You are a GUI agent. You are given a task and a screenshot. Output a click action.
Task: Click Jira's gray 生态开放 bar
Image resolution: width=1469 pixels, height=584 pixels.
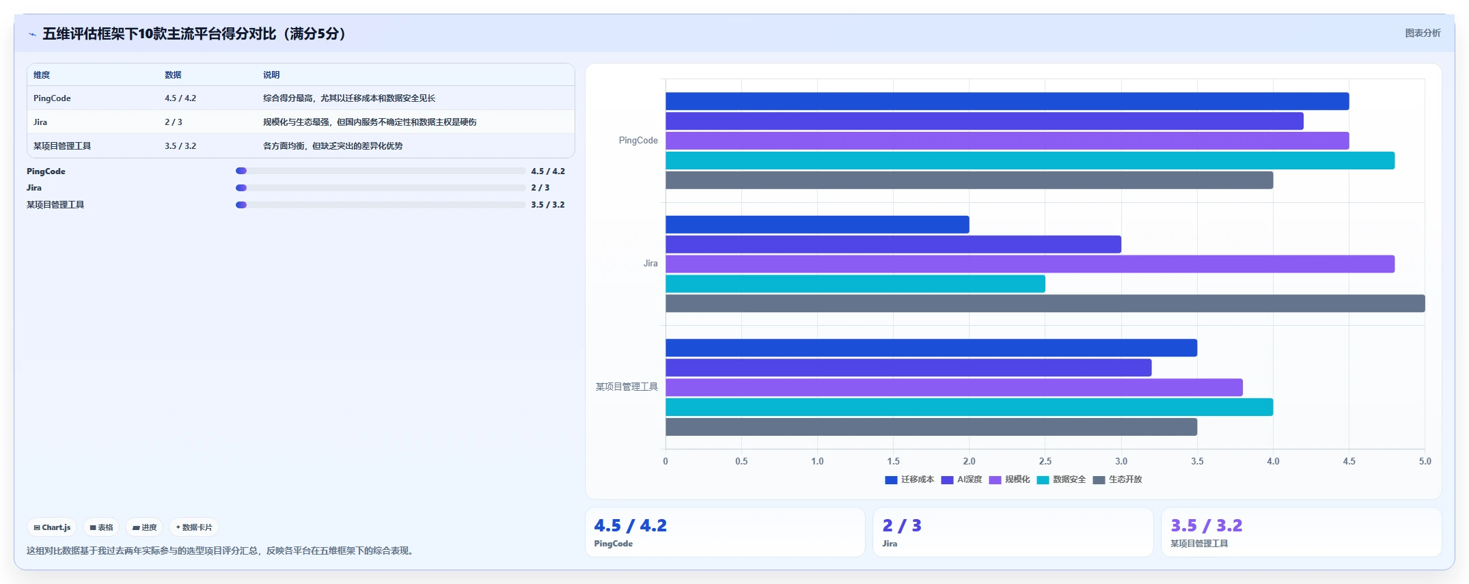point(1045,303)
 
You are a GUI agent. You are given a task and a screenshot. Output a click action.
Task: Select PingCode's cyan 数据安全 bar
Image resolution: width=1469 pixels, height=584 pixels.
point(1030,161)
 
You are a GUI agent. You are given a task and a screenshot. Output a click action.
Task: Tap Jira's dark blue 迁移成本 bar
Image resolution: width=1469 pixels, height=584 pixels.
point(817,225)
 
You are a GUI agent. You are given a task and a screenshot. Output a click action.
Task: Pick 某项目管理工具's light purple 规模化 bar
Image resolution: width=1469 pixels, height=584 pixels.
point(954,387)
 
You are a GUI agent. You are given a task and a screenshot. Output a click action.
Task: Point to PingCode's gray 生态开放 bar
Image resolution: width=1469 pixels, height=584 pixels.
point(969,180)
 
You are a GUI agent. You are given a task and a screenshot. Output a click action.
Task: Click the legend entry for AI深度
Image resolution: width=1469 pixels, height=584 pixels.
point(961,479)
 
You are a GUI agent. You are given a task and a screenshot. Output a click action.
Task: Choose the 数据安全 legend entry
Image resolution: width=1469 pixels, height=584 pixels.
point(1061,479)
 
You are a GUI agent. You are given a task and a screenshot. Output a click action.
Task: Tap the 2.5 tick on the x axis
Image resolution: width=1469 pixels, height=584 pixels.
point(1045,461)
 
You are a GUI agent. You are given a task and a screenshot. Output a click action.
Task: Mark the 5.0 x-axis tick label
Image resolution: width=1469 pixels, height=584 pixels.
point(1425,461)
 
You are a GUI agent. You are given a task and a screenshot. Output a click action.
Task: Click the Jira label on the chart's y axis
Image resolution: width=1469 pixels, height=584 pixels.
point(650,264)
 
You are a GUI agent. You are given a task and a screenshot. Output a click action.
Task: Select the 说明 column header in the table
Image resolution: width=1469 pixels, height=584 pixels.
point(271,75)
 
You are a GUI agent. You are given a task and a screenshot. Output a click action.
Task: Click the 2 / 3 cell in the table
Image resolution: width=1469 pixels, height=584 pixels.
point(174,122)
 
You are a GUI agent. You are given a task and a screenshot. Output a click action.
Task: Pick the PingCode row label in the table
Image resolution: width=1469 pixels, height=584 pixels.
point(52,98)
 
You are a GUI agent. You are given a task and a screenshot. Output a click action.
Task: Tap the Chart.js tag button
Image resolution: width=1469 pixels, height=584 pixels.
point(52,527)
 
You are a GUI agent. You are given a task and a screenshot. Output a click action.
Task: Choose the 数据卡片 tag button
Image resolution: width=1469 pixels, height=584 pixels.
point(194,527)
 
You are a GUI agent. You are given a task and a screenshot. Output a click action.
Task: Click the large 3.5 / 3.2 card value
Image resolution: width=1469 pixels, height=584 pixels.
point(1207,525)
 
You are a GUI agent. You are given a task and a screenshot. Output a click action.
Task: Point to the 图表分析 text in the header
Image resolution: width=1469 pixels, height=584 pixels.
point(1423,33)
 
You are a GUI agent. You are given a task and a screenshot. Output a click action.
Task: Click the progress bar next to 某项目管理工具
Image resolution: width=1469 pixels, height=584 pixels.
point(381,205)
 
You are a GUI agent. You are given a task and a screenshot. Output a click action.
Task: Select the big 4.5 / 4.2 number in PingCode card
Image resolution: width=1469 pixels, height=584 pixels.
point(630,525)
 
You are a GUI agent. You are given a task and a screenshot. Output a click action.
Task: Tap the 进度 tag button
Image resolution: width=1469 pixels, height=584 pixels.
point(144,527)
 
